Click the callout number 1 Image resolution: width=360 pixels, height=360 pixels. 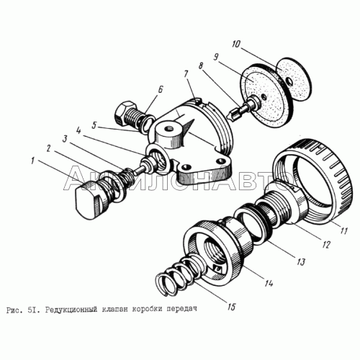tap(33, 161)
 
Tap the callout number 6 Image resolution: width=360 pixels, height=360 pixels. tap(160, 90)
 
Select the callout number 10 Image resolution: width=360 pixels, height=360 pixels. tap(236, 44)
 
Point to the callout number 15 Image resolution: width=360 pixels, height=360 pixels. tap(231, 307)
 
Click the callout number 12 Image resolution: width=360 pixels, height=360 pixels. tap(327, 244)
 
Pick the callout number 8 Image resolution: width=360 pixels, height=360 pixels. tap(201, 66)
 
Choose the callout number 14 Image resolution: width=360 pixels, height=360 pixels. tap(268, 283)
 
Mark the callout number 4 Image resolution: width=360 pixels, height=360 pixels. tap(78, 132)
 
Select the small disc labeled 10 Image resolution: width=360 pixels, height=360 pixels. tap(294, 78)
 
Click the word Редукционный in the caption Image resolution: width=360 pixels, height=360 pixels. tap(71, 310)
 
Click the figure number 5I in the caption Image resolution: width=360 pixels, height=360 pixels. tap(32, 310)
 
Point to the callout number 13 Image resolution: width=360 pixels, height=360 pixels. tap(300, 261)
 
